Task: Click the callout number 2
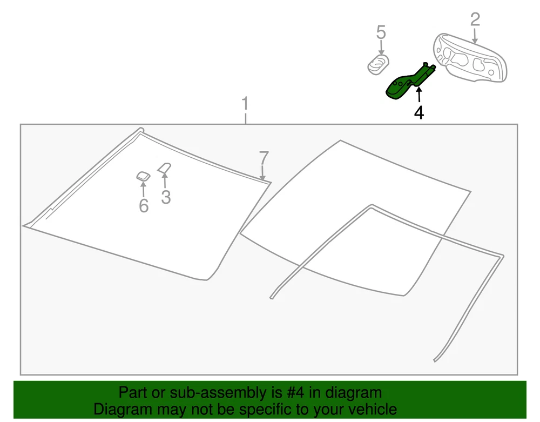tap(475, 19)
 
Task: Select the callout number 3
tap(166, 197)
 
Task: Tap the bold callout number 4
tap(419, 112)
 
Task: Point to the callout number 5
tap(381, 32)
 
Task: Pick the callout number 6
tap(144, 206)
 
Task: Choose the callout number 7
tap(264, 158)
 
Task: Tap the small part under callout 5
tap(378, 64)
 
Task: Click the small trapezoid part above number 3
tap(165, 168)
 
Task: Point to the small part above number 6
tap(143, 176)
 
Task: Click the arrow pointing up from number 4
tap(419, 95)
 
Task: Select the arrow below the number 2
tap(475, 36)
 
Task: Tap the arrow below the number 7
tap(263, 173)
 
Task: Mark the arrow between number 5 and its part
tap(381, 47)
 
